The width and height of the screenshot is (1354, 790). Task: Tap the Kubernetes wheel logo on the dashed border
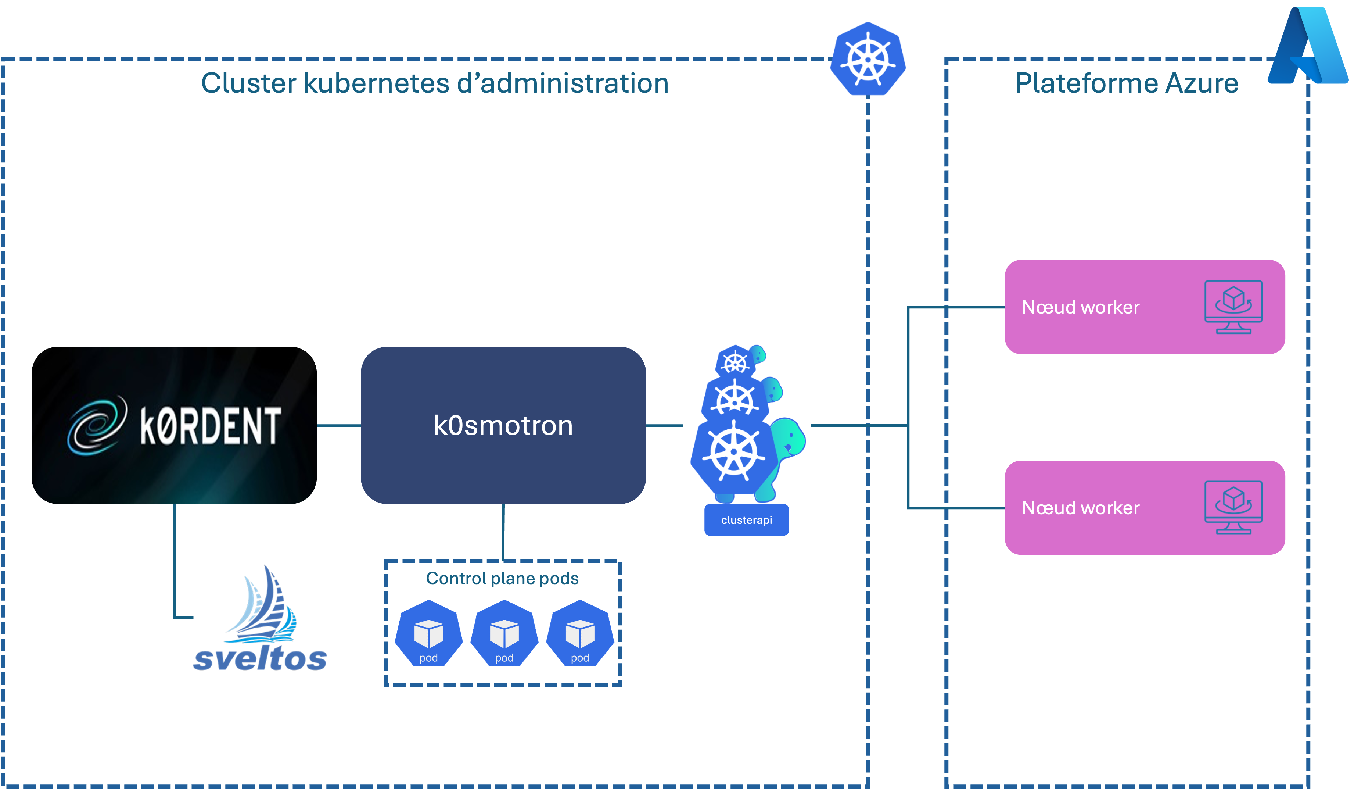(x=868, y=59)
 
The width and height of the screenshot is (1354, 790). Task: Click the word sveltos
(x=260, y=658)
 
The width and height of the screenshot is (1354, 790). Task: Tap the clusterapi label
(x=746, y=520)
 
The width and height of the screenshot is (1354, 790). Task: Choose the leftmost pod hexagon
(x=428, y=634)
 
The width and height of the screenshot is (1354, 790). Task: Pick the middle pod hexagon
(x=504, y=634)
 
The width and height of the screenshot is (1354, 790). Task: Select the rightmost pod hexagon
(x=580, y=634)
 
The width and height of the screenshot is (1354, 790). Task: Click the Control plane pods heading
(x=502, y=579)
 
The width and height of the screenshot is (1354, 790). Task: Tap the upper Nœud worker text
(x=1081, y=307)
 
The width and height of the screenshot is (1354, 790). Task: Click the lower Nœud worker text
(x=1081, y=508)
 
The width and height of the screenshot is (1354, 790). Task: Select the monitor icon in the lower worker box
(x=1233, y=507)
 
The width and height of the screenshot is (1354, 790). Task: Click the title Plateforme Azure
(x=1126, y=83)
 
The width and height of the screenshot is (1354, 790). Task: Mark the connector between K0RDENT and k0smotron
(x=338, y=426)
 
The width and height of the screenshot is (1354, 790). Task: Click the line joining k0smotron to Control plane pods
(x=503, y=532)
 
